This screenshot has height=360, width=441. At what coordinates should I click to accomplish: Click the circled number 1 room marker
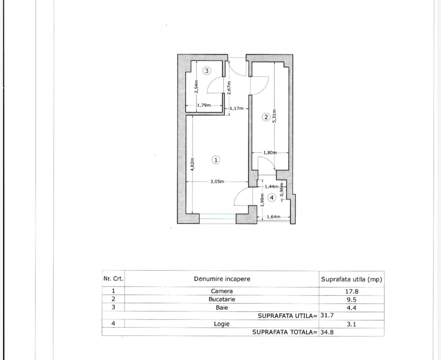(216, 160)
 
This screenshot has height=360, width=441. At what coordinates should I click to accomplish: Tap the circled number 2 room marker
(266, 117)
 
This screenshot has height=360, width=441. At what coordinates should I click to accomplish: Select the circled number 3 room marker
(207, 71)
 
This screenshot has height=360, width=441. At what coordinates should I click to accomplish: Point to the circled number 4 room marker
(272, 198)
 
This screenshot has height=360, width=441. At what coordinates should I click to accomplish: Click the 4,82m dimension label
(192, 164)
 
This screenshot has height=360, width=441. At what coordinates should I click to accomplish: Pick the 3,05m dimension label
(217, 181)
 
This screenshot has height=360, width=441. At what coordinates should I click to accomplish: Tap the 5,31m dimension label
(274, 116)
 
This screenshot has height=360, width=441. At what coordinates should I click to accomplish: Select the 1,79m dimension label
(204, 105)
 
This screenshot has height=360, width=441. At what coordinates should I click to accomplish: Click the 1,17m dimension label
(237, 108)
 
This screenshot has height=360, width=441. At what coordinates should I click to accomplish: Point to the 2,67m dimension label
(229, 88)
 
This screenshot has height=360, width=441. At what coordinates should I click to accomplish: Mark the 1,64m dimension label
(273, 217)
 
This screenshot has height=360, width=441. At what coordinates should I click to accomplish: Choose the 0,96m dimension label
(282, 189)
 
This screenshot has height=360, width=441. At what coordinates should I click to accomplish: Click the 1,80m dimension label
(270, 153)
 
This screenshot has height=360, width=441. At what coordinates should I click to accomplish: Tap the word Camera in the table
(222, 291)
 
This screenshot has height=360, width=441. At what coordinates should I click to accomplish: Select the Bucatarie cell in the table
(222, 299)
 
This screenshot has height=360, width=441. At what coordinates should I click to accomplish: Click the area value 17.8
(351, 291)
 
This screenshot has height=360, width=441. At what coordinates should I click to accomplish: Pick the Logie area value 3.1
(351, 324)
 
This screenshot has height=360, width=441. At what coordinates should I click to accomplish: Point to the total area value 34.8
(327, 332)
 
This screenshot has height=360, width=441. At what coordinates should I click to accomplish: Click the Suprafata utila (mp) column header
(351, 279)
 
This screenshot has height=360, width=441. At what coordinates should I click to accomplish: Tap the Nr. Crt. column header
(113, 279)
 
